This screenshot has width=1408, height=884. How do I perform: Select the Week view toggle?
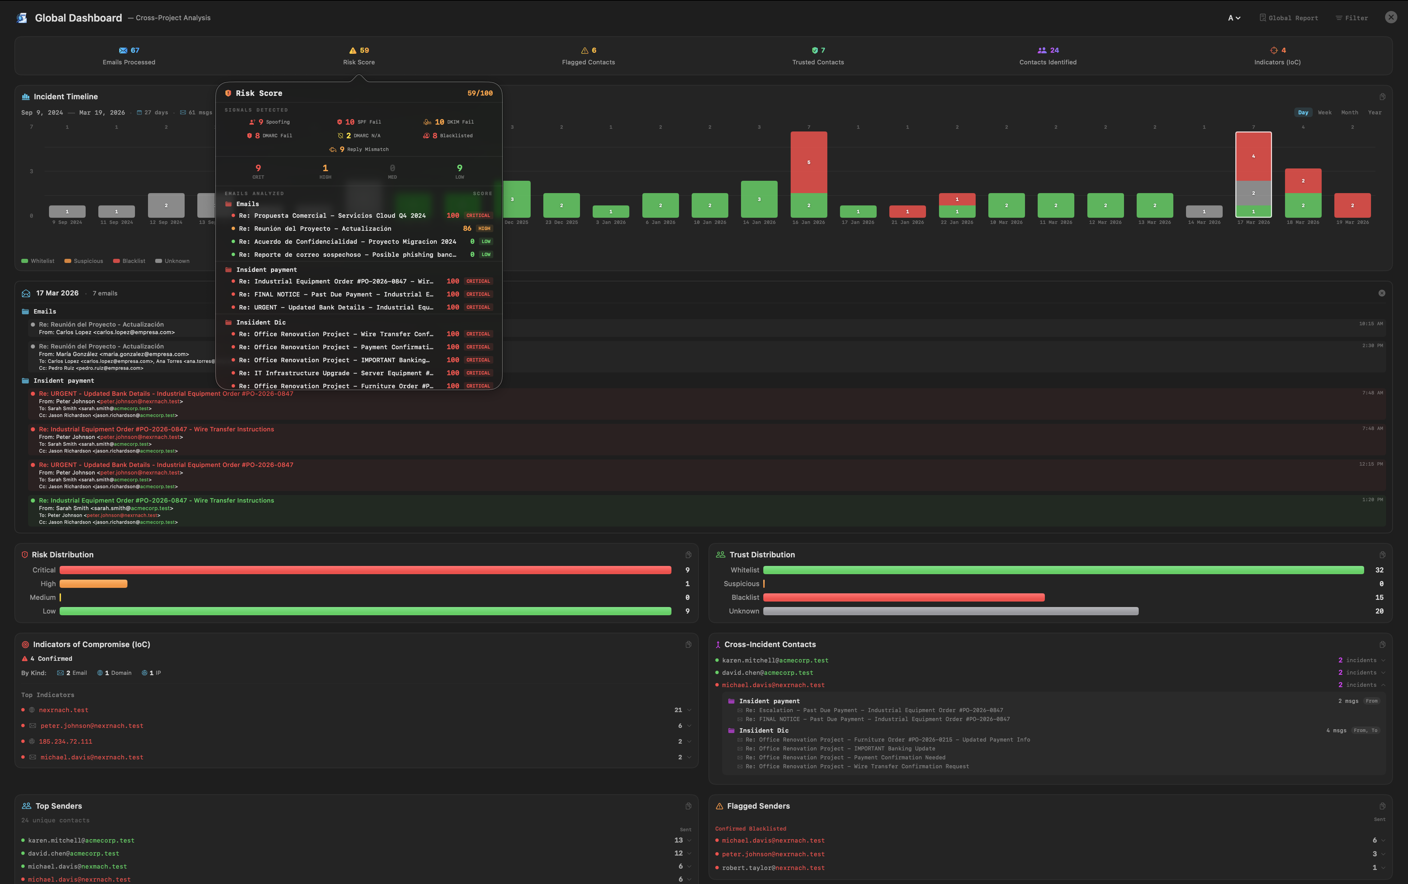pyautogui.click(x=1324, y=112)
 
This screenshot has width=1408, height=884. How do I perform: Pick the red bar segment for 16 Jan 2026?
pyautogui.click(x=809, y=162)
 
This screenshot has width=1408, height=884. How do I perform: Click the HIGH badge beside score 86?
pyautogui.click(x=484, y=228)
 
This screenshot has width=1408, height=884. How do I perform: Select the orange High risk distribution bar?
pyautogui.click(x=94, y=584)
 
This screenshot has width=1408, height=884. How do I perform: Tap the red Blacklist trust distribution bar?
pyautogui.click(x=903, y=597)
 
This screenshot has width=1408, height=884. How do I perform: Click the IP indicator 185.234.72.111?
pyautogui.click(x=65, y=742)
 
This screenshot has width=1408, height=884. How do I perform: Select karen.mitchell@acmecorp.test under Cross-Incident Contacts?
pyautogui.click(x=775, y=660)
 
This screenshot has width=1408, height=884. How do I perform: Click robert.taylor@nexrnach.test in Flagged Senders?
pyautogui.click(x=773, y=868)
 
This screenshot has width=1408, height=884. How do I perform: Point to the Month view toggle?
pyautogui.click(x=1349, y=112)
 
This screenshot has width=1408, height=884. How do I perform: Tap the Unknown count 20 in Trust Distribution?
pyautogui.click(x=1379, y=611)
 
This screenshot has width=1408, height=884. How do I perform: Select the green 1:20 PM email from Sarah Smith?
pyautogui.click(x=156, y=501)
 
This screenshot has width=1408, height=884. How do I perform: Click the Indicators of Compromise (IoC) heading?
pyautogui.click(x=91, y=644)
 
